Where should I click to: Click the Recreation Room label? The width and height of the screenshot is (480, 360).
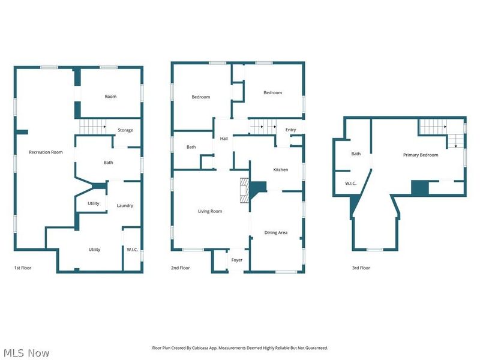click(46, 152)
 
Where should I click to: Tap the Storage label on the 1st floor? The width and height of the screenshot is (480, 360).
click(125, 130)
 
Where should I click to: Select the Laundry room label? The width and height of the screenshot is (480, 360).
click(125, 206)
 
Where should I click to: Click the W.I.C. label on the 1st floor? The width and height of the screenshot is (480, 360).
click(132, 250)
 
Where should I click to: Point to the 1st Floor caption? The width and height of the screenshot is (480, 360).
click(23, 268)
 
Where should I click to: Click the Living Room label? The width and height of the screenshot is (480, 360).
click(210, 211)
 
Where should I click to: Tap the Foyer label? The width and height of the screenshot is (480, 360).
click(237, 260)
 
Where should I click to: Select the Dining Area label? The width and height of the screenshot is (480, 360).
click(275, 233)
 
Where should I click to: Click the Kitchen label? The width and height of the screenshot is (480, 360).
click(281, 170)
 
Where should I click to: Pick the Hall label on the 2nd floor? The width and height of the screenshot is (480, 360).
click(224, 139)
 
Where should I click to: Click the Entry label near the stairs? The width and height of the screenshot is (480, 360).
click(290, 130)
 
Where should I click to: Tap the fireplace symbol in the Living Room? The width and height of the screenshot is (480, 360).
click(244, 190)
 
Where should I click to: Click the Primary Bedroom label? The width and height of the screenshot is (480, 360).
click(420, 155)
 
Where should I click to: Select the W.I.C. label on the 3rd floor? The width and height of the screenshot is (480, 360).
click(351, 184)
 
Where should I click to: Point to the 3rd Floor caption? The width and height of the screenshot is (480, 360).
click(361, 268)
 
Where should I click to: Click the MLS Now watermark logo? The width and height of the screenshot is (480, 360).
click(26, 353)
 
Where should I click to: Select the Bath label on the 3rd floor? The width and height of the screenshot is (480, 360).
click(356, 154)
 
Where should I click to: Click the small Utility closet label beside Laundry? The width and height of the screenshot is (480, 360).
click(94, 204)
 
